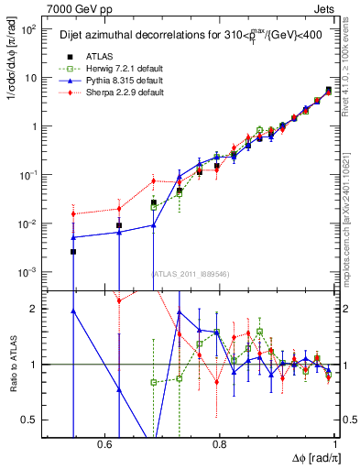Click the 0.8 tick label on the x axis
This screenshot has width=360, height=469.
point(220,444)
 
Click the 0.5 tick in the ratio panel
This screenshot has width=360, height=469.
point(32,420)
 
